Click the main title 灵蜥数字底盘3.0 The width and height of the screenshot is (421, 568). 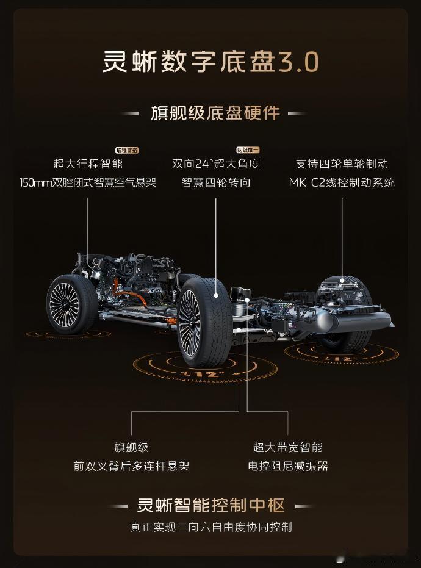point(210,62)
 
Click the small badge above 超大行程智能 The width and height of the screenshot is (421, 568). point(127,150)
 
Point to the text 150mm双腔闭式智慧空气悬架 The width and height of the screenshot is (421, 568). point(88,182)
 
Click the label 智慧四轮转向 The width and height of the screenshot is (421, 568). point(216,182)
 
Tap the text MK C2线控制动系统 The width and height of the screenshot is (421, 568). point(342,182)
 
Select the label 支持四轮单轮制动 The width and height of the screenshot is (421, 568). point(342,164)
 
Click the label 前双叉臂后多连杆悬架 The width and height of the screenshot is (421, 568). point(131,466)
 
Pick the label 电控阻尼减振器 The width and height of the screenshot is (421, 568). point(288,466)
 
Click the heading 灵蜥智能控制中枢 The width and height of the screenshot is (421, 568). point(211,506)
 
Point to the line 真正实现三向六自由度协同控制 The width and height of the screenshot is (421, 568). point(211,527)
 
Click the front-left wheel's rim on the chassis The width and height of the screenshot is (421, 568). point(65,303)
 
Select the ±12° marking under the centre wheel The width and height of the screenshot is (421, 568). point(195,373)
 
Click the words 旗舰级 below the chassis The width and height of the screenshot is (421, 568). point(131,447)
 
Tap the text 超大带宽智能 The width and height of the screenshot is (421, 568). point(288,447)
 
